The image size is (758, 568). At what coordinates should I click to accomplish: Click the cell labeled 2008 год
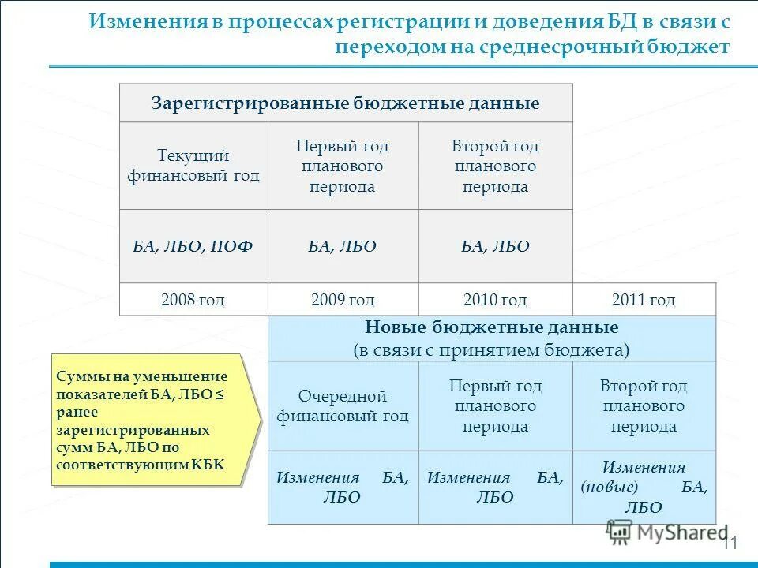[193, 300]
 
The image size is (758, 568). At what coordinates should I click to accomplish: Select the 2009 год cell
[343, 300]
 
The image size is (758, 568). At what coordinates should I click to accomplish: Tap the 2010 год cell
[495, 300]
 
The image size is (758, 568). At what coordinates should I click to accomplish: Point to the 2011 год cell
[644, 300]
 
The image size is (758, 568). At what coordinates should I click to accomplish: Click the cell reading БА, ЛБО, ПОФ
[193, 247]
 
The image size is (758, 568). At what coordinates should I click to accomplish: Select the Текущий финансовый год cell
[193, 166]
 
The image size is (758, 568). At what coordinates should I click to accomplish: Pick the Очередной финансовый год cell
[343, 405]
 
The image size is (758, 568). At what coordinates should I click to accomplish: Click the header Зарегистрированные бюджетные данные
[345, 104]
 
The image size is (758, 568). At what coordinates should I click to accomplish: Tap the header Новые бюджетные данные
[491, 327]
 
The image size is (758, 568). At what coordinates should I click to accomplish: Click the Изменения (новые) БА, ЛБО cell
[644, 487]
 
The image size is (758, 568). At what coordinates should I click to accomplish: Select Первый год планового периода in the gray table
[343, 166]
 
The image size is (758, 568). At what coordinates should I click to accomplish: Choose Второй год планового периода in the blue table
[644, 405]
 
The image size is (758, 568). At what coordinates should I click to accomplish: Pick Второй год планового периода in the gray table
[495, 166]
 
